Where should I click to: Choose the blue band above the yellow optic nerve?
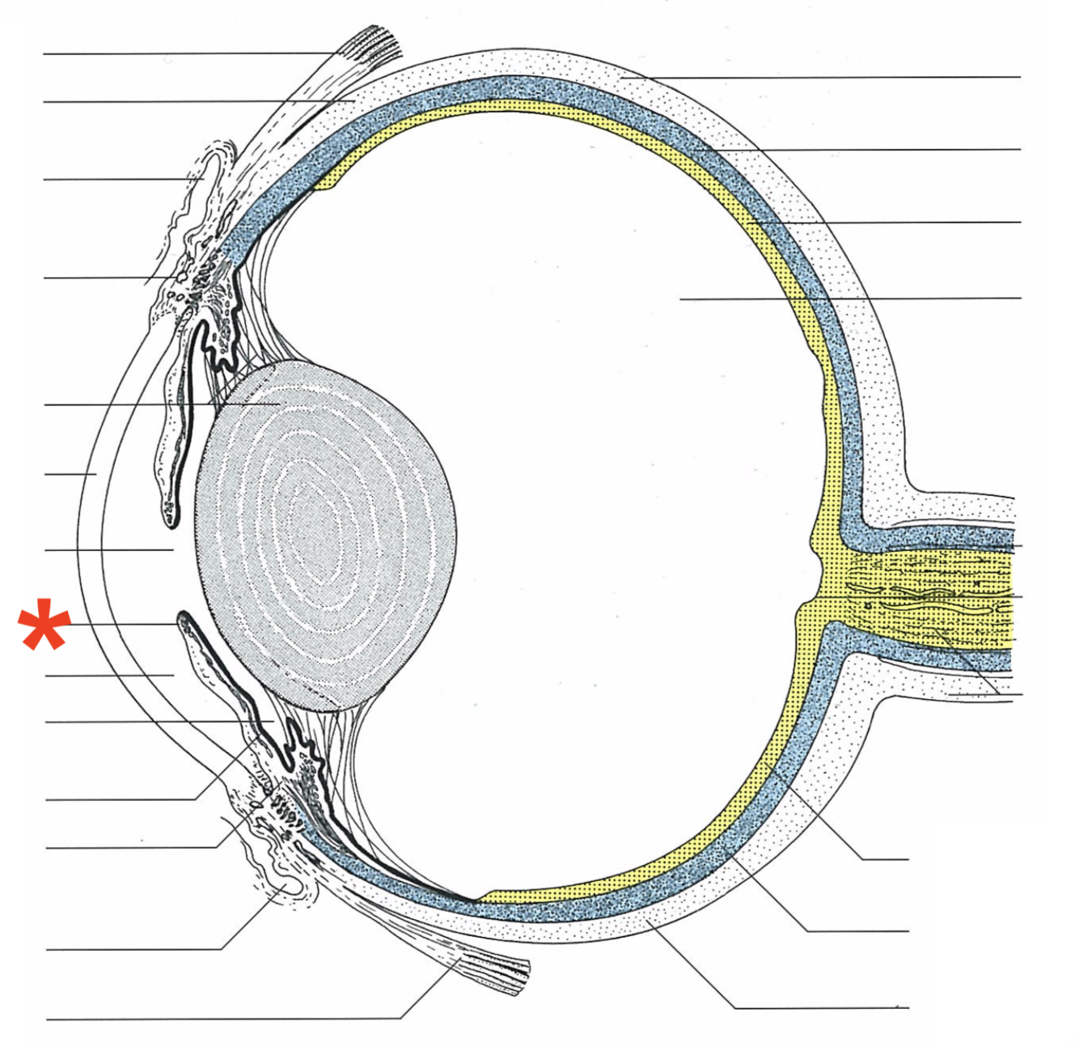pos(930,538)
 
